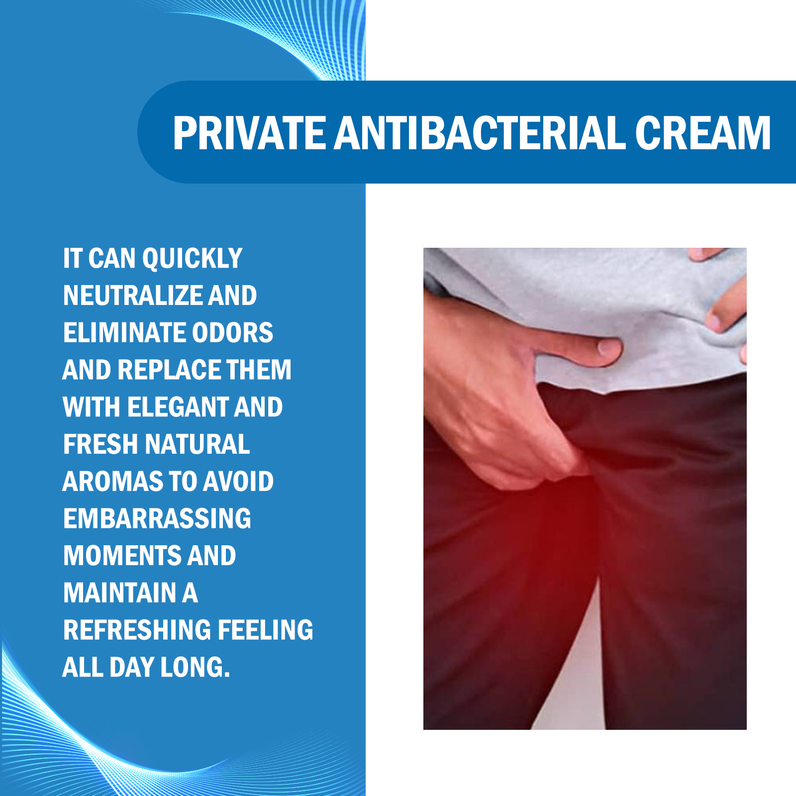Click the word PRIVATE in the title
(249, 133)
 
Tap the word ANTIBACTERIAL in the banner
(480, 133)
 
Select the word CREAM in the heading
(703, 133)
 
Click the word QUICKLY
(192, 259)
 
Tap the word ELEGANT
(177, 407)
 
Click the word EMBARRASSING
(157, 518)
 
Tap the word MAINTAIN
(120, 593)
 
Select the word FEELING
(265, 630)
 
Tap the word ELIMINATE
(124, 332)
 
